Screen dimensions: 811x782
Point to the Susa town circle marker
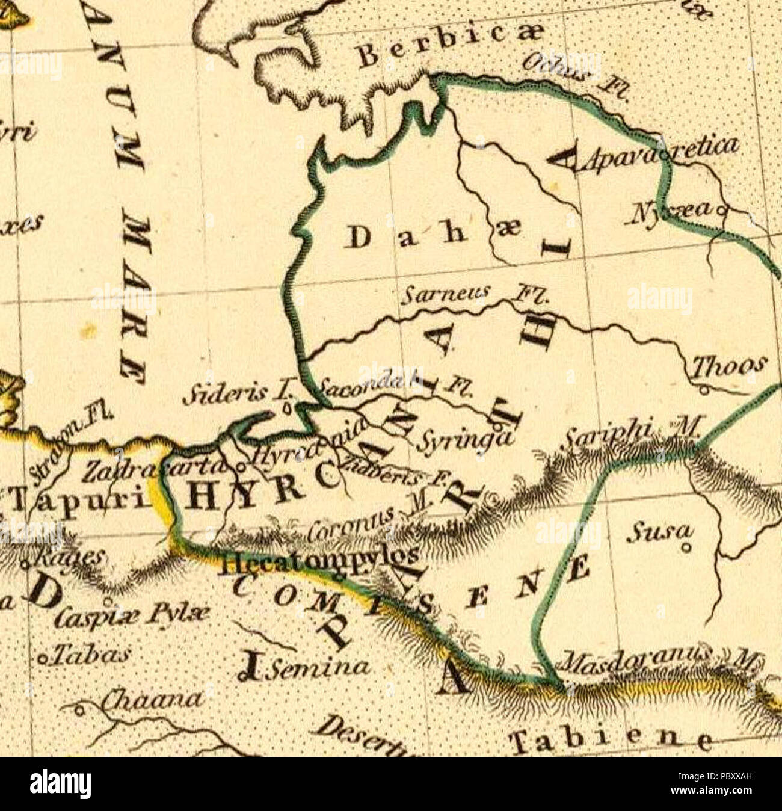click(x=688, y=548)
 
